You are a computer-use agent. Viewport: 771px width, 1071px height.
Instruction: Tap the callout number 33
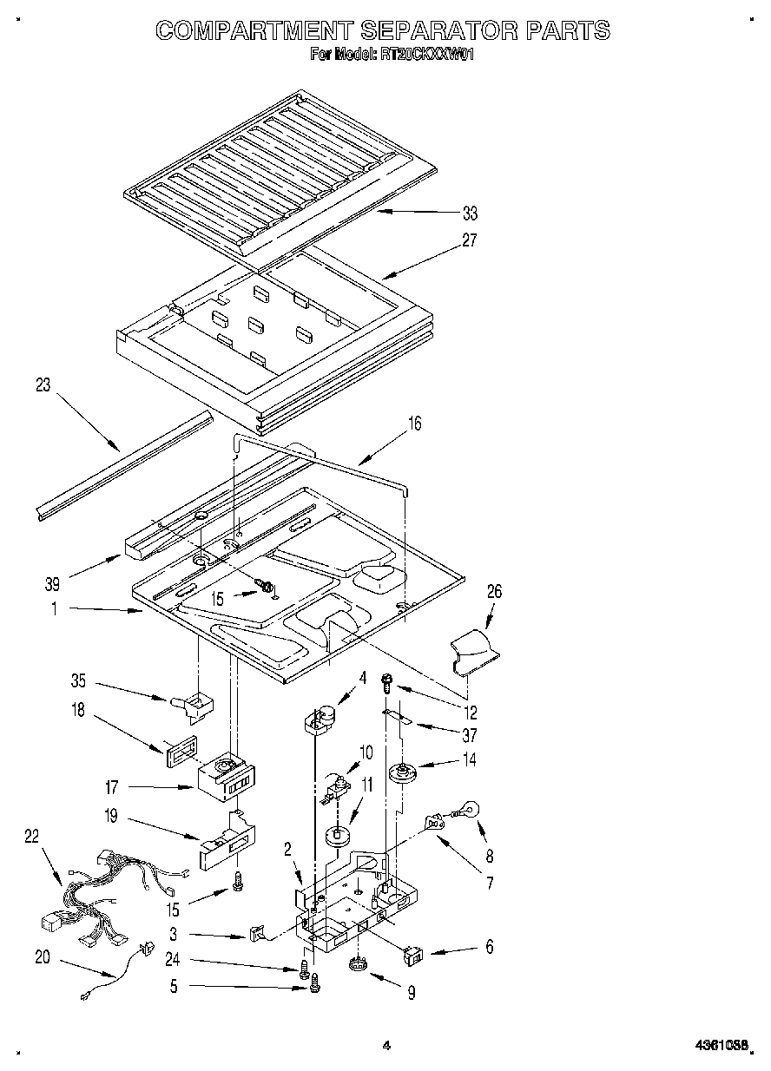pyautogui.click(x=470, y=214)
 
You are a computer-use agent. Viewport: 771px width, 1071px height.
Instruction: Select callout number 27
pyautogui.click(x=470, y=240)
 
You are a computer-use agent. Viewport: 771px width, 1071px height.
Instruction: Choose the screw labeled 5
pyautogui.click(x=315, y=983)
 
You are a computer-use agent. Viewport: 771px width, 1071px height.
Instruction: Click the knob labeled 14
pyautogui.click(x=402, y=771)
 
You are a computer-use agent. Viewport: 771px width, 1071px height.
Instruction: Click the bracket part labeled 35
pyautogui.click(x=197, y=702)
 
